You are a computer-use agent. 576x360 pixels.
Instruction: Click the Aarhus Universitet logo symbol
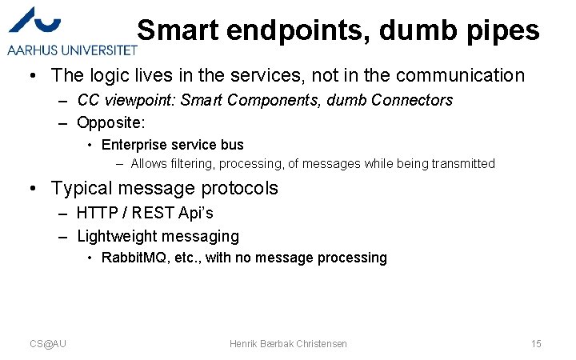(x=41, y=23)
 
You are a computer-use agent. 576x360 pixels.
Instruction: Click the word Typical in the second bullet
(x=82, y=189)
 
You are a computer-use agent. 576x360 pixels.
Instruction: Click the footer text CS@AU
(x=48, y=343)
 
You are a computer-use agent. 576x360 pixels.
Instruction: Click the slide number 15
(x=536, y=343)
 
